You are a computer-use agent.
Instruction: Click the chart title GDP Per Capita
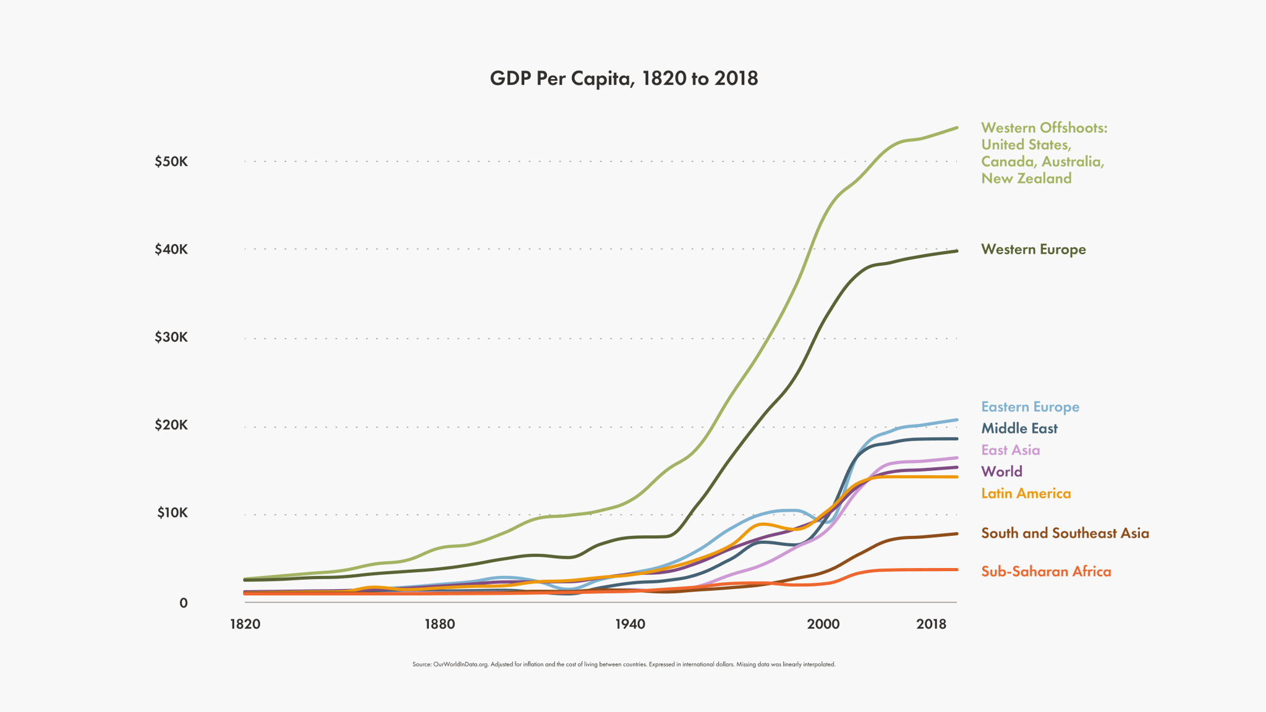(x=624, y=78)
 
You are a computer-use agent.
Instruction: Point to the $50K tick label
(x=171, y=162)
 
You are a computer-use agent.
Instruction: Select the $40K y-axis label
(x=171, y=250)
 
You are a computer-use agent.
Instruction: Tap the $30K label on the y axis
(x=171, y=337)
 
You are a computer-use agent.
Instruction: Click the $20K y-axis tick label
(x=171, y=425)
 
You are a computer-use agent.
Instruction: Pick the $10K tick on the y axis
(x=172, y=513)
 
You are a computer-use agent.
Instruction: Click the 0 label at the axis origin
(x=184, y=603)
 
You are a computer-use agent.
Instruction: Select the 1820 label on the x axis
(x=245, y=624)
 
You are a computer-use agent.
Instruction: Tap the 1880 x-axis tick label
(x=439, y=624)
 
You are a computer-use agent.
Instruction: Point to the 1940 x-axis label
(x=630, y=624)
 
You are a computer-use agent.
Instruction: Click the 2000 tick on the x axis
(x=823, y=624)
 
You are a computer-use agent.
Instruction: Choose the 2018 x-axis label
(x=931, y=624)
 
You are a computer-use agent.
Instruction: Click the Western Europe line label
(x=1033, y=250)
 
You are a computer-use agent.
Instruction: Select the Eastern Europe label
(x=1030, y=407)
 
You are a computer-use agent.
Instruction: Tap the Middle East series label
(x=1019, y=428)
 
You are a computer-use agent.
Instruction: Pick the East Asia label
(x=1010, y=450)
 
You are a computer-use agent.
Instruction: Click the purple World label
(x=1001, y=472)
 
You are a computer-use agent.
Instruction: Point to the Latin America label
(x=1026, y=493)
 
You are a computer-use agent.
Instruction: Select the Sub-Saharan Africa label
(x=1046, y=572)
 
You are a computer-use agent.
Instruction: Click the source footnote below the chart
(x=624, y=664)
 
